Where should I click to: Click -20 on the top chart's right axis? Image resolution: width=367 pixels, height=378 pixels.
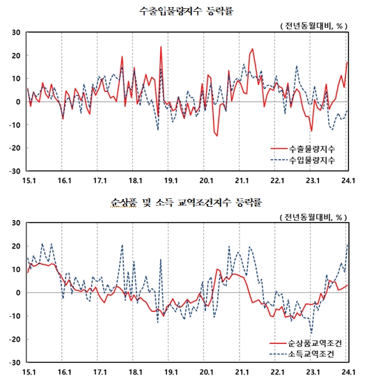tap(357, 148)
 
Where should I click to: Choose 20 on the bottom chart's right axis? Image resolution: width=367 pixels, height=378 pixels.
tap(357, 246)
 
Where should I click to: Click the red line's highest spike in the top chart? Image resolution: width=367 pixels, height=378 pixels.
tap(161, 47)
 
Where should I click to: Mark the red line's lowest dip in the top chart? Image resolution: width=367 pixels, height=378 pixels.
tap(217, 136)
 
